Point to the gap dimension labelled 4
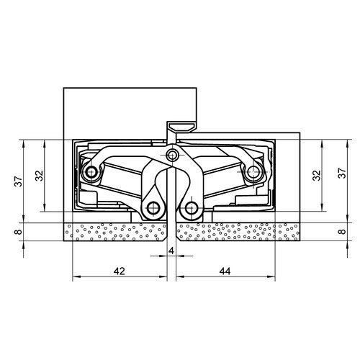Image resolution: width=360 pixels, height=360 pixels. (171, 250)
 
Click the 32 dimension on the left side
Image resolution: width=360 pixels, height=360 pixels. (40, 176)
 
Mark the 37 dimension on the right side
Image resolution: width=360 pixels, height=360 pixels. (341, 175)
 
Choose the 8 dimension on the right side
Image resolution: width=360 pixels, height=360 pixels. (341, 233)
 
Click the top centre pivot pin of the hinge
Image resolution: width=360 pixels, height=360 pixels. (171, 156)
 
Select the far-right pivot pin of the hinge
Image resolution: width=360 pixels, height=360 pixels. (253, 173)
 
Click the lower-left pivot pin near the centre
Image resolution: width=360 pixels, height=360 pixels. (153, 209)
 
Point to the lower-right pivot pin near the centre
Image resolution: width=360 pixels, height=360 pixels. (190, 209)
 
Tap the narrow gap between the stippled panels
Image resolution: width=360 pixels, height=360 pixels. (171, 233)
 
